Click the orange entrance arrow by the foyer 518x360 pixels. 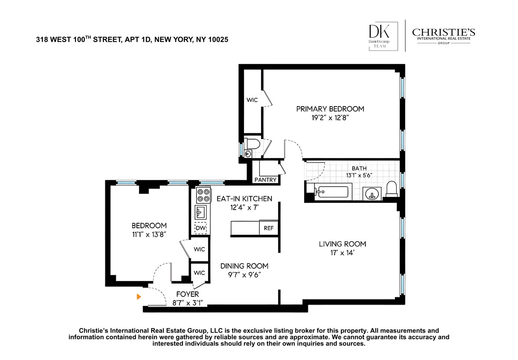point(139,297)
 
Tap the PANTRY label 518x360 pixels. point(265,180)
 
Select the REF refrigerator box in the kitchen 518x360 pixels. point(269,228)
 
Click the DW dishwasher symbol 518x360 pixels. point(201,228)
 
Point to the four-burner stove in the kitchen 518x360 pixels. point(203,195)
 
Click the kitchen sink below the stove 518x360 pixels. point(201,212)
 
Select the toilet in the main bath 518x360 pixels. point(391,189)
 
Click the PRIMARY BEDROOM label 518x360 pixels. point(330,109)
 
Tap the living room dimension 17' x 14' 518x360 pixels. point(342,253)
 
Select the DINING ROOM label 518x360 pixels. point(244,266)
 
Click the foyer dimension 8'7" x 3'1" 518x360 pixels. point(187,303)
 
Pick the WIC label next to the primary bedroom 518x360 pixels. point(252,100)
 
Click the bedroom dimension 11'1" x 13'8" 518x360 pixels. point(149,235)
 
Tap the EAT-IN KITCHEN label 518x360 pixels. point(244,199)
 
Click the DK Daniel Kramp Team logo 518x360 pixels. point(383,36)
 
